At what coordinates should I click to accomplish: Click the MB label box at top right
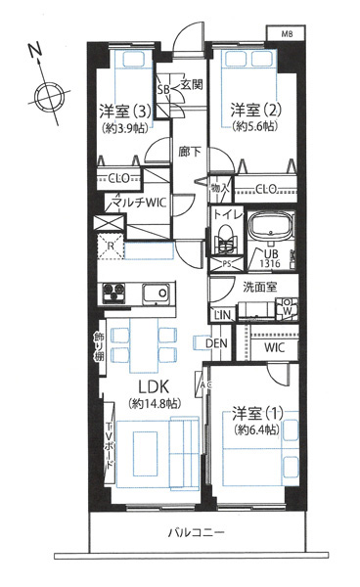[287, 34]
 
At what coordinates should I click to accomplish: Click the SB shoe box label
[163, 88]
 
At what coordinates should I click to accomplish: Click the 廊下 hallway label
[189, 152]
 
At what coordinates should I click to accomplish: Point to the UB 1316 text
[272, 256]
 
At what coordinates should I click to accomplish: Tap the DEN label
[217, 342]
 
